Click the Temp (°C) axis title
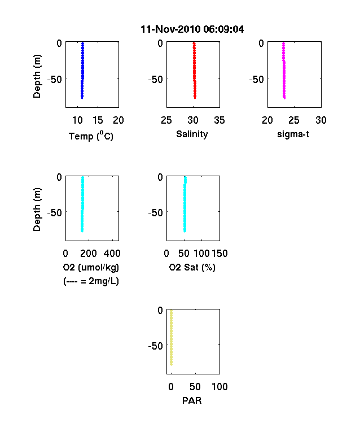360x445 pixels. tap(91, 136)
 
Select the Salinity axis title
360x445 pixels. tap(192, 134)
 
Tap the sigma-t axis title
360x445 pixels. tap(293, 134)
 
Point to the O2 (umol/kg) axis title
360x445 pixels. tap(91, 267)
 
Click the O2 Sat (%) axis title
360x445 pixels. tap(192, 267)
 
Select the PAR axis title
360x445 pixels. tap(192, 400)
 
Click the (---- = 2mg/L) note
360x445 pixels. tap(91, 281)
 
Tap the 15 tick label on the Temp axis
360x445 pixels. tap(98, 120)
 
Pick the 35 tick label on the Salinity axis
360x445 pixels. tap(219, 120)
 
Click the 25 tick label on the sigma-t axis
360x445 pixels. tap(294, 120)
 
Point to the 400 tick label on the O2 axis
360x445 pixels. tap(112, 254)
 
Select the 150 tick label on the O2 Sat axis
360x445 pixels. tap(219, 254)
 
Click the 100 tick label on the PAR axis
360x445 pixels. tap(219, 386)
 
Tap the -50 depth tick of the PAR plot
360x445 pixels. tap(156, 346)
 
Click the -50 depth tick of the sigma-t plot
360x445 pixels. tap(257, 80)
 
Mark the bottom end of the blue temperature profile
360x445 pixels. tap(82, 98)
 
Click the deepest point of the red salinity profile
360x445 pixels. tap(195, 98)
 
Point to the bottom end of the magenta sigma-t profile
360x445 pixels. tap(284, 98)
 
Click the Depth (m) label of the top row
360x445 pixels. tap(37, 76)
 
